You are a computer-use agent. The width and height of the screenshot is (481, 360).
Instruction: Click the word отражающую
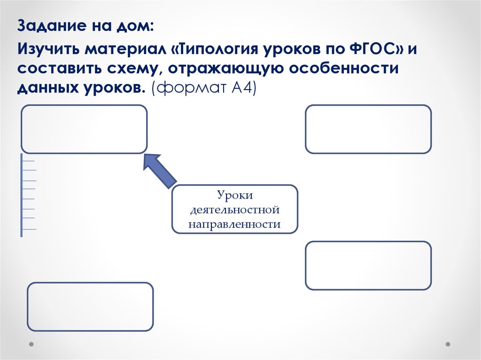pos(224,69)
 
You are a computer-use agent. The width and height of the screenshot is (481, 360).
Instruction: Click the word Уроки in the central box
pos(234,195)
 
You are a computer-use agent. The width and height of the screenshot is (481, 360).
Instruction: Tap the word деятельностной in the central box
pos(234,209)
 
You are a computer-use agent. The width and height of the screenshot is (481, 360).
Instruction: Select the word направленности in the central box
pos(234,224)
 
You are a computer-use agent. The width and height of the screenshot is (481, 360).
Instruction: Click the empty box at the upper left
pos(84,129)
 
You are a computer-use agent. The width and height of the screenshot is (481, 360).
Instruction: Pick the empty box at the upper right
pos(368,129)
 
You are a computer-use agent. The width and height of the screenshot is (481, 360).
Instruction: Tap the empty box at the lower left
pos(90,307)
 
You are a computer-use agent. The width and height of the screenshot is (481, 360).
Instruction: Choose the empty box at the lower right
pos(368,265)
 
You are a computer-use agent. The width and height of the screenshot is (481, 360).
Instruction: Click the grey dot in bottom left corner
pos(31,344)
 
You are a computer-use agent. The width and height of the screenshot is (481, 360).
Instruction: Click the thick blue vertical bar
pos(22,195)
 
